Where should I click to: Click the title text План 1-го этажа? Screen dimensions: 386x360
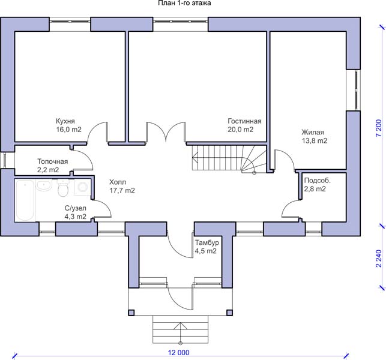(x=184, y=3)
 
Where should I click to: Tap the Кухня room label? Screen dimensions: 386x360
(x=65, y=121)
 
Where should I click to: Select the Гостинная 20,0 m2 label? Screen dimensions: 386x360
(x=244, y=125)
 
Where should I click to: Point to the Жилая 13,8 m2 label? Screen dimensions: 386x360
(x=315, y=137)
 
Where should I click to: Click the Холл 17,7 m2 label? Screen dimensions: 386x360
(x=122, y=186)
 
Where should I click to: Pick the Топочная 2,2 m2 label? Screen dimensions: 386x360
(x=52, y=166)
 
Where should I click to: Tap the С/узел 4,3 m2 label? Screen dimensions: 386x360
(x=75, y=212)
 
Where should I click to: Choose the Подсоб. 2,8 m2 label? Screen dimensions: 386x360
(x=318, y=185)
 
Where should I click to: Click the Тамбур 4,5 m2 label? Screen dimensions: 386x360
(x=207, y=247)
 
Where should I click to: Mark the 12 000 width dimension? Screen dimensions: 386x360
(x=179, y=353)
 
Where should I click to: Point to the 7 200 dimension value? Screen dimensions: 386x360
(x=379, y=128)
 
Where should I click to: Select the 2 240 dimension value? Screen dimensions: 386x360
(x=379, y=259)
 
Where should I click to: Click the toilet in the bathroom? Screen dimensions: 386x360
(x=63, y=188)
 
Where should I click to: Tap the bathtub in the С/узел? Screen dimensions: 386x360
(x=25, y=200)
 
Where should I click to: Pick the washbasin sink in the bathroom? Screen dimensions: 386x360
(x=44, y=185)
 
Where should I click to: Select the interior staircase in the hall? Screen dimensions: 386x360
(x=229, y=158)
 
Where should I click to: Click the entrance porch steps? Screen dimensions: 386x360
(x=181, y=329)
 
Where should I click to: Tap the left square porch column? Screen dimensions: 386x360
(x=131, y=313)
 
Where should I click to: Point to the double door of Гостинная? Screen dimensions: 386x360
(x=166, y=132)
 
